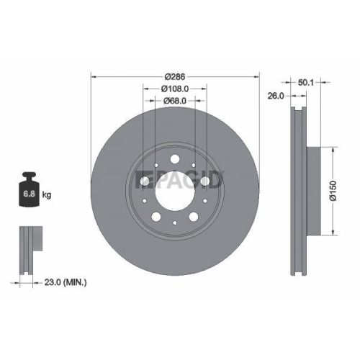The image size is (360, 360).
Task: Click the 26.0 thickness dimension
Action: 274,94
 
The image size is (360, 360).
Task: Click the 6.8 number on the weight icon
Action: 31,194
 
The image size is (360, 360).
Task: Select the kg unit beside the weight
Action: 47,194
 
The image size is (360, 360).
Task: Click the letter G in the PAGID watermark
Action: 197,179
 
